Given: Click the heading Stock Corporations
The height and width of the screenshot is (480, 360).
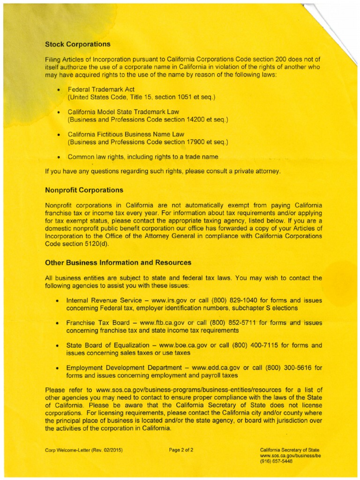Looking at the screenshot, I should tap(78, 45).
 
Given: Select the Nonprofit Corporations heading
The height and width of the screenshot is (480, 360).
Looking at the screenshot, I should tap(84, 190).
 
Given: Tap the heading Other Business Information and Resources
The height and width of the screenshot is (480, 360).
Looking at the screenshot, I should tap(118, 262).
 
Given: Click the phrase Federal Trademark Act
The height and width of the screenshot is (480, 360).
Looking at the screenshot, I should tap(101, 89).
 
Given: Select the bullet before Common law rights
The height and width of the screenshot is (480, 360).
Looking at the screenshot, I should tap(58, 157).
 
